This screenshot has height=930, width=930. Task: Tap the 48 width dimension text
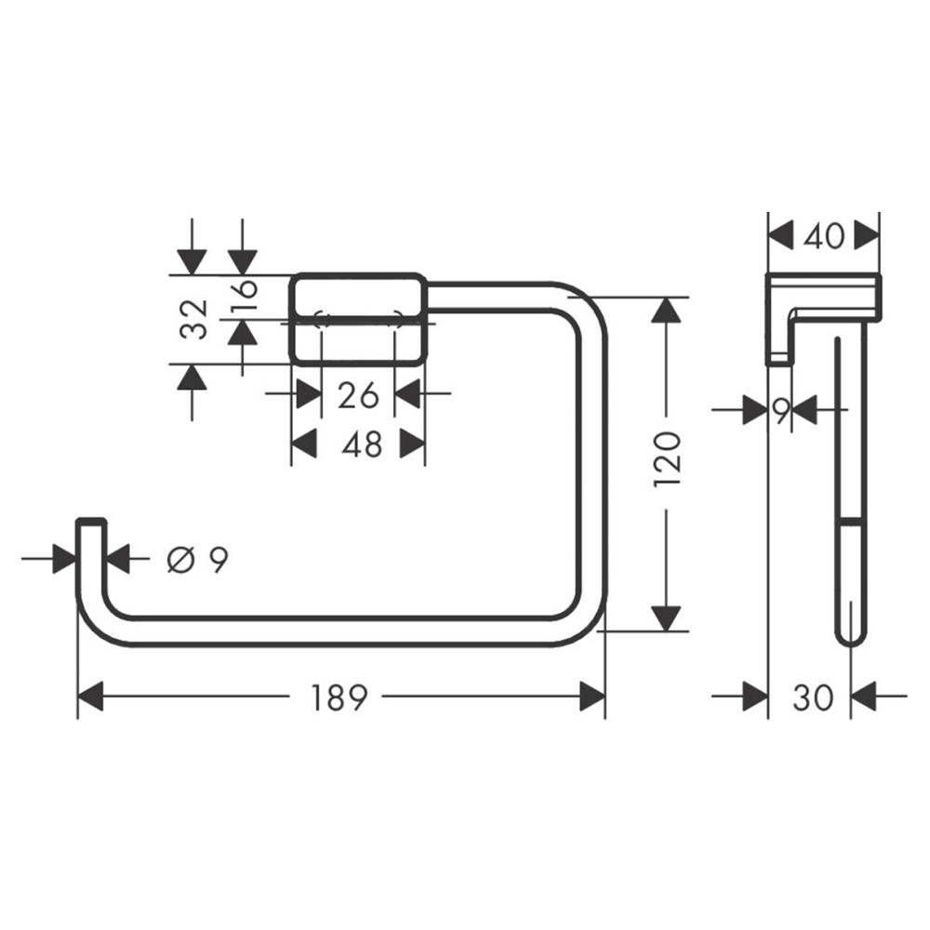click(x=362, y=444)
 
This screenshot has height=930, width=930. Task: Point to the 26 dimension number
click(x=358, y=394)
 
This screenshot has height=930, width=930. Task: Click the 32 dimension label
click(x=195, y=319)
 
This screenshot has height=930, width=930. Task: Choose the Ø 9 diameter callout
click(x=197, y=559)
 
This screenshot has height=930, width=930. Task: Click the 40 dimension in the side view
click(x=824, y=237)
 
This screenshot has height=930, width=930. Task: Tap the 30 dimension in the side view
click(x=813, y=698)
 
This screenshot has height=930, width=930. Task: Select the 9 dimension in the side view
click(x=781, y=411)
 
